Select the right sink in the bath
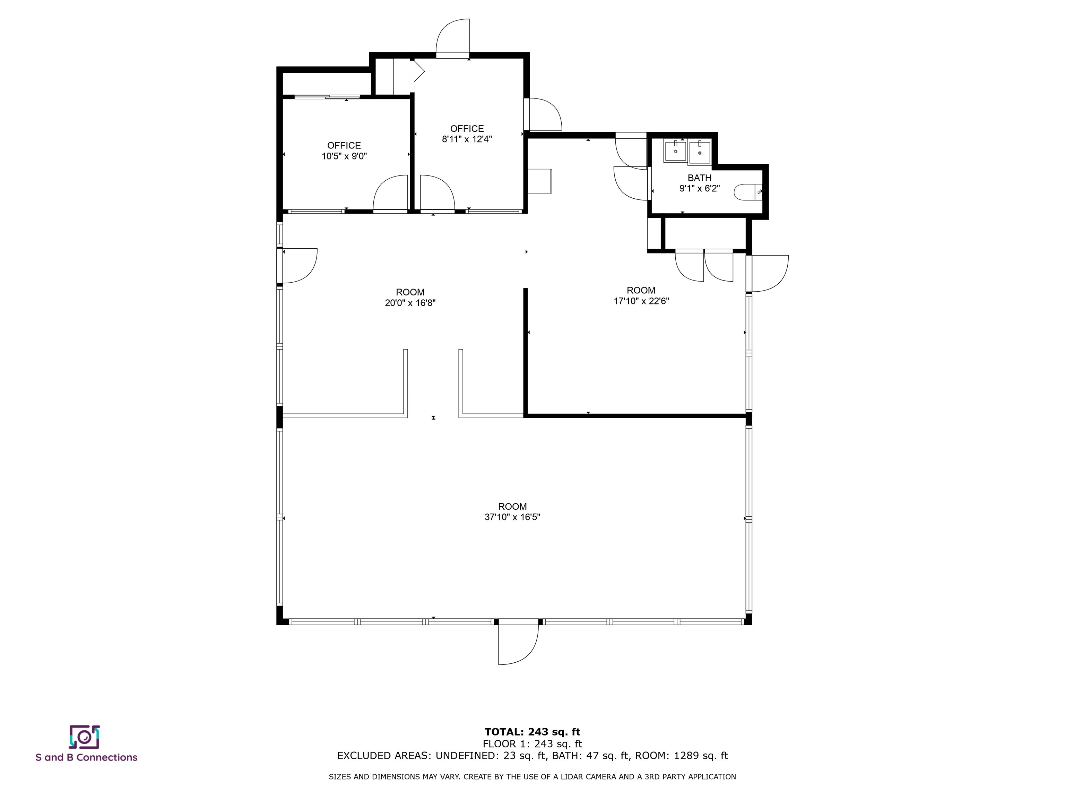coord(699,151)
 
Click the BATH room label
coord(699,178)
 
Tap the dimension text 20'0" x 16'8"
coord(410,303)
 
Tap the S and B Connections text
coord(86,758)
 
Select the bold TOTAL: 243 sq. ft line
coord(532,732)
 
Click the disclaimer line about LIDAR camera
coord(532,776)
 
